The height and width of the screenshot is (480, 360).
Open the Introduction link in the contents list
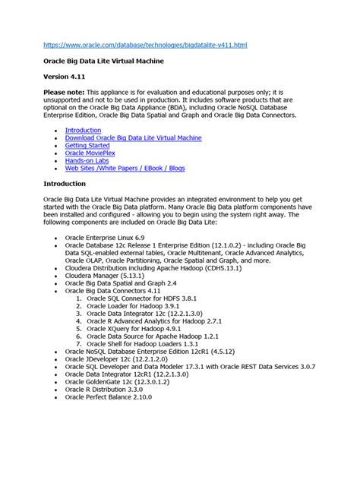coord(83,131)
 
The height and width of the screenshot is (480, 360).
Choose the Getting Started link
coord(88,147)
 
